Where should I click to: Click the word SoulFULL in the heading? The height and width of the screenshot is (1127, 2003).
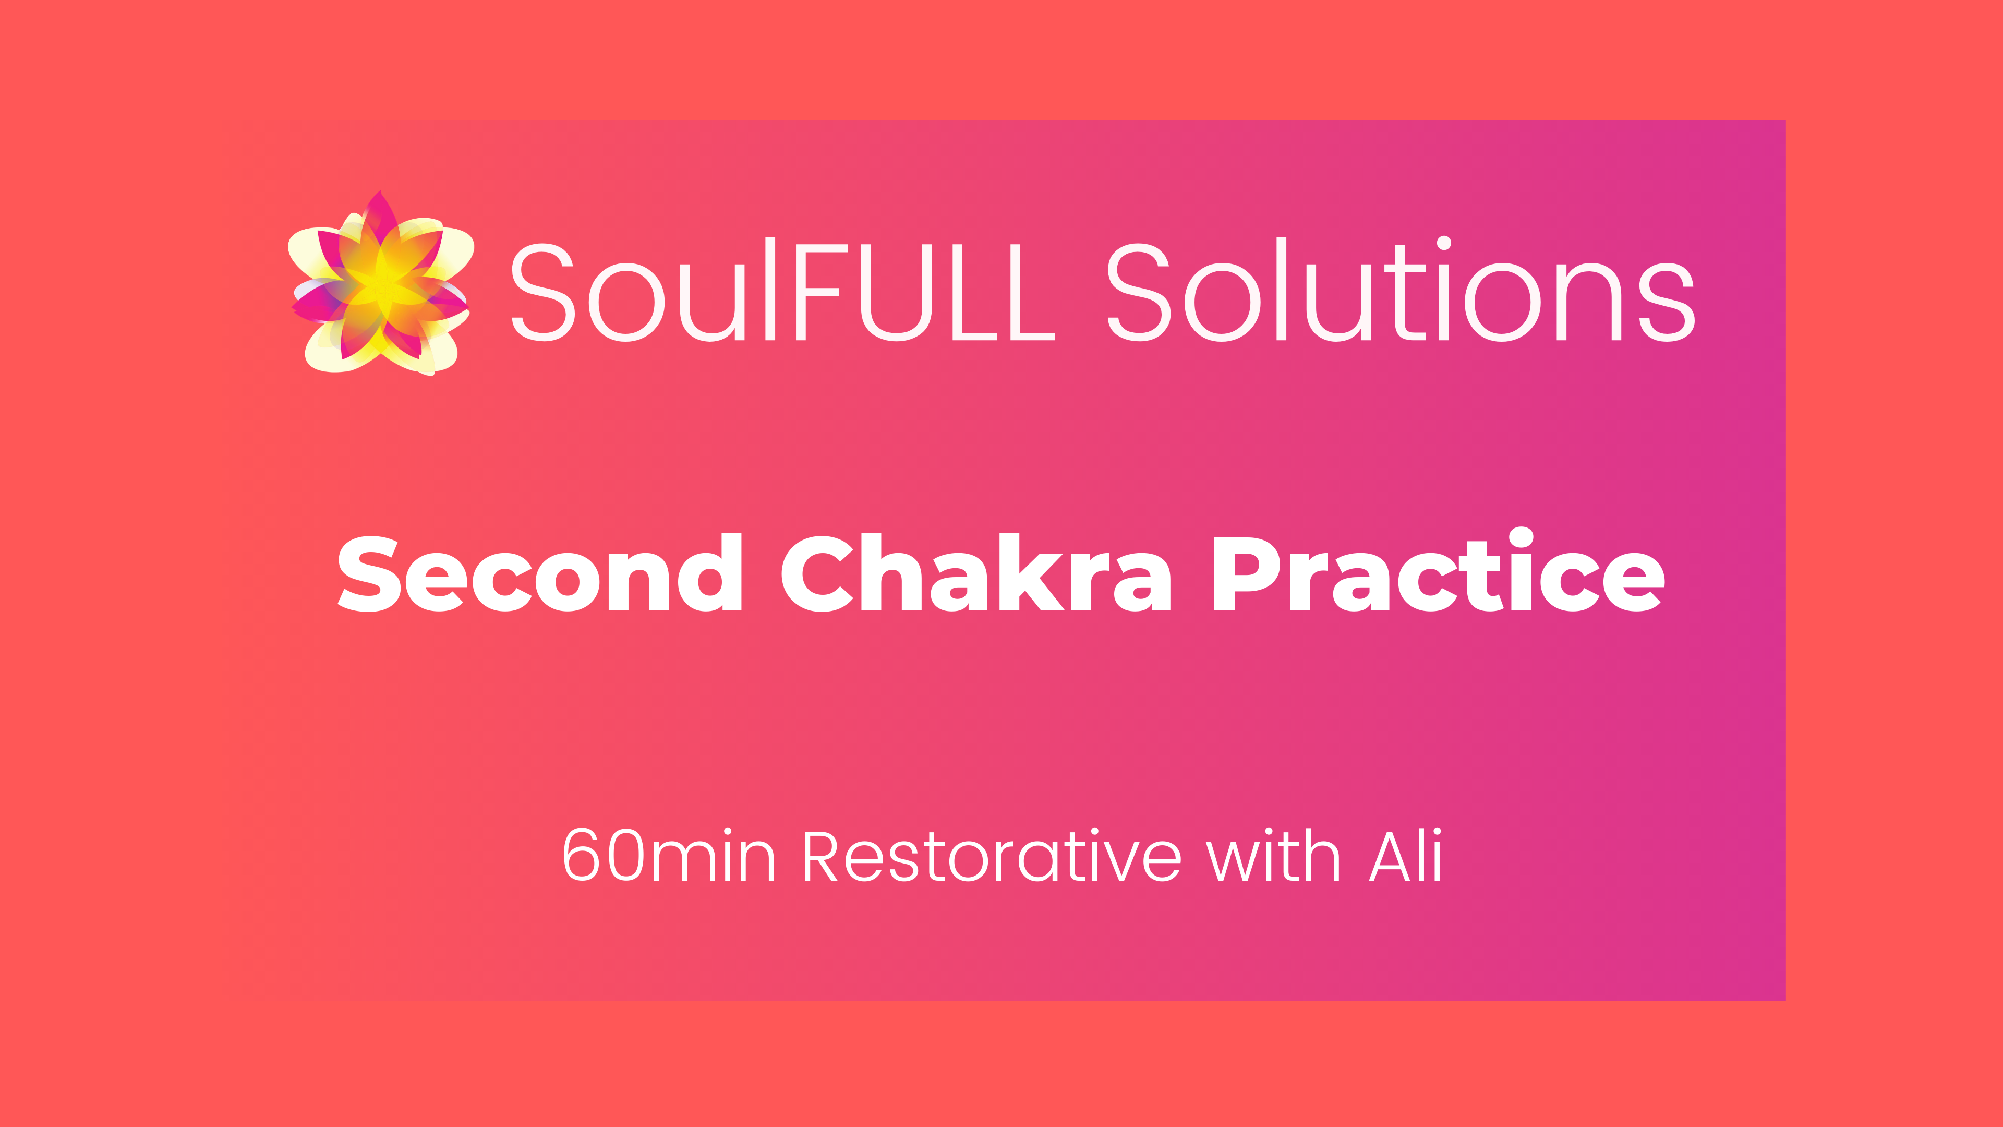click(781, 292)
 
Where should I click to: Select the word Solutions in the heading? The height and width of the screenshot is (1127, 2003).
click(1399, 292)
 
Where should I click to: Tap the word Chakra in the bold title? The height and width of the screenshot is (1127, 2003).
click(976, 574)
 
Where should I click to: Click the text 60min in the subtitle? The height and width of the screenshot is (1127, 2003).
click(669, 856)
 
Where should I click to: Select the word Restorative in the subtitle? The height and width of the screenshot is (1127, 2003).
click(992, 856)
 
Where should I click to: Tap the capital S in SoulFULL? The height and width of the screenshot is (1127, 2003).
click(542, 292)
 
